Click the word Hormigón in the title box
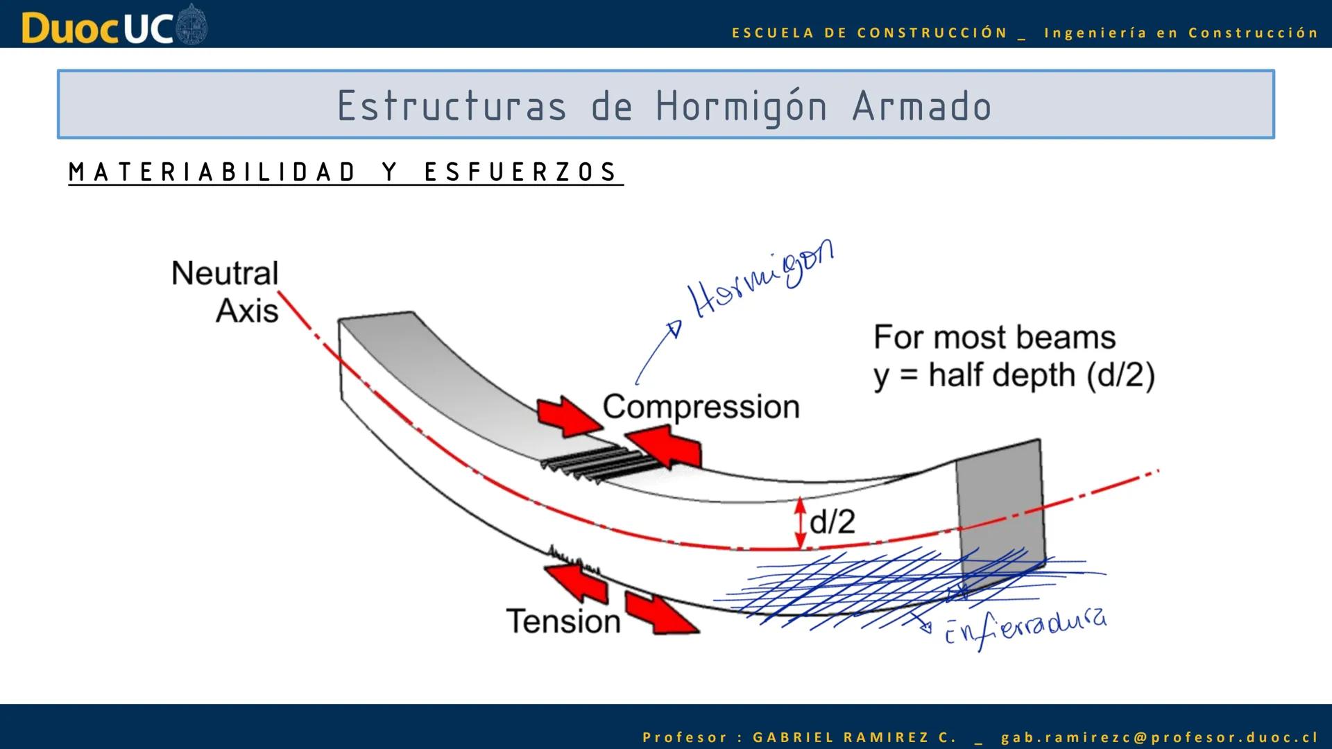[x=741, y=107]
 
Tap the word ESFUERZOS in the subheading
[x=520, y=172]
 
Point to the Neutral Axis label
[x=225, y=291]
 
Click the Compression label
[x=701, y=406]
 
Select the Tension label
[x=563, y=621]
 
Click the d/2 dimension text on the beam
[x=832, y=521]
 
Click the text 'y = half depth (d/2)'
[x=1014, y=375]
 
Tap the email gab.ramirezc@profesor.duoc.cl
[x=1159, y=737]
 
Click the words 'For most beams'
[x=994, y=338]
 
